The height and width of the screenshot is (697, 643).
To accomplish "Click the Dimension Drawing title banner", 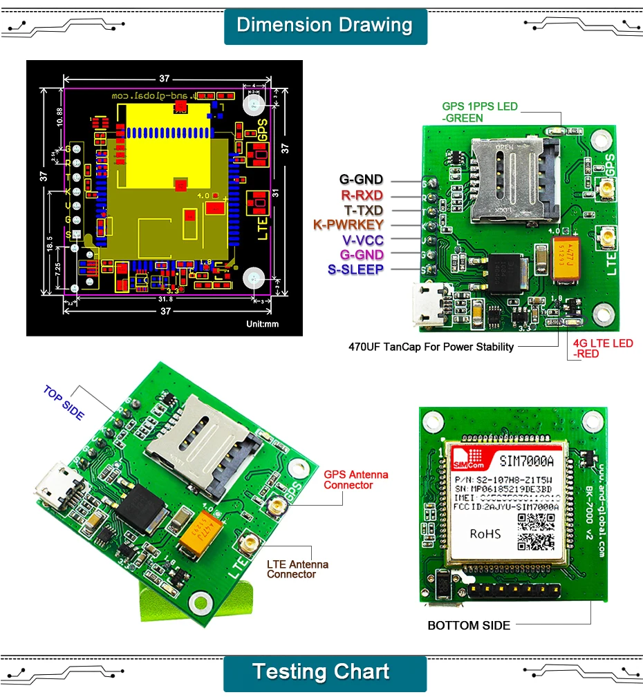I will coord(324,26).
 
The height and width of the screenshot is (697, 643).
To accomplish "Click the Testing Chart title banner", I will coord(324,672).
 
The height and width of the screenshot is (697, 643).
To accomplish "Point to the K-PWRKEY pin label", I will coord(347,225).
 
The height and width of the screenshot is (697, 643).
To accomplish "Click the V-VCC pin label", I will coord(362,240).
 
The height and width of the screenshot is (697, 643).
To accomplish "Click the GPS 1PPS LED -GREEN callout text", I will coord(479,112).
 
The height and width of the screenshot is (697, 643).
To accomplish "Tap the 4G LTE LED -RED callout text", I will coord(602,348).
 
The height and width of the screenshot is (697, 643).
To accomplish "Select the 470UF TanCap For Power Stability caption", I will coord(431,347).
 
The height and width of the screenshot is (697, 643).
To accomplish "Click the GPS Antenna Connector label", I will coord(355,479).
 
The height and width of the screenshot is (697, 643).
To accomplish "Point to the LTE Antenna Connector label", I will coord(297,569).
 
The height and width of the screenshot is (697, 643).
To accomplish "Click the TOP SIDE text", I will coord(64,403).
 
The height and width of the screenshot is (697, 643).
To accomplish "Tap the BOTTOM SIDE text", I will coord(468,626).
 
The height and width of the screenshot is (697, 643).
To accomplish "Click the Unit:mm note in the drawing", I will coord(262,324).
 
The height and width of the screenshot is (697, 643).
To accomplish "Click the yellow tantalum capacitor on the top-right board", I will coord(568,259).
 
